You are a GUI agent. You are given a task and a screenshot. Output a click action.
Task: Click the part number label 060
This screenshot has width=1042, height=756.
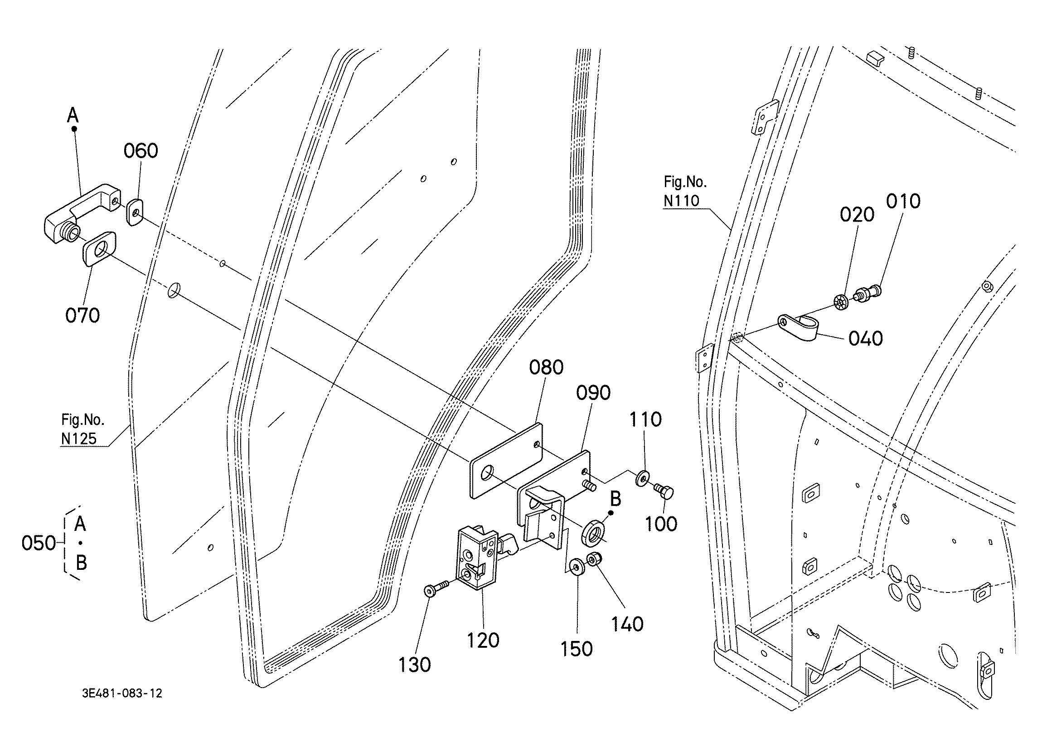click(141, 151)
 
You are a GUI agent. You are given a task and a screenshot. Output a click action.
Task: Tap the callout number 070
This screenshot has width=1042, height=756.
click(82, 316)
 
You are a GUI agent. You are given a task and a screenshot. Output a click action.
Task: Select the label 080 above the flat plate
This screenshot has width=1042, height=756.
click(546, 367)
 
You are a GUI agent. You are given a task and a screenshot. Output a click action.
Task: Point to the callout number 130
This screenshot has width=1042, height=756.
click(414, 665)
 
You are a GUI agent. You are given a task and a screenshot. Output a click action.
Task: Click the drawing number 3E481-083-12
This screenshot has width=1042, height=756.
click(122, 693)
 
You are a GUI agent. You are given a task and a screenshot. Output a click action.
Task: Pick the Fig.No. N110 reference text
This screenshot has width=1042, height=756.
click(685, 191)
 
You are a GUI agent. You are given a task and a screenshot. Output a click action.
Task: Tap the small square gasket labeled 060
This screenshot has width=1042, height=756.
click(135, 212)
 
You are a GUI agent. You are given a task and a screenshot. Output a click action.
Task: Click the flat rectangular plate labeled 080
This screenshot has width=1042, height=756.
click(506, 461)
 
